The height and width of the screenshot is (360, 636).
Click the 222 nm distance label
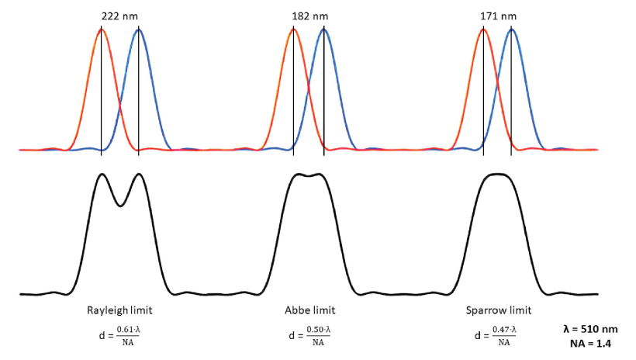119,16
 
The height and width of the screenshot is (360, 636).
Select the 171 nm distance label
497,16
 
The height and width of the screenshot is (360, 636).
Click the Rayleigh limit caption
119,310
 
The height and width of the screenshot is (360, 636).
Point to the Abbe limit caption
309,310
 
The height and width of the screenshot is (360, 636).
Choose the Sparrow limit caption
499,310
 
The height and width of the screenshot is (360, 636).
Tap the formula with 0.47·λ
498,335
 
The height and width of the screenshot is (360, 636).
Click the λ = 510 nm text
590,329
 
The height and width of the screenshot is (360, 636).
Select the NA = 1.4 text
590,343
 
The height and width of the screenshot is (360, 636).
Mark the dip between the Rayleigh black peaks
120,206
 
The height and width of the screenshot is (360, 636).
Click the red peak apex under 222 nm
101,29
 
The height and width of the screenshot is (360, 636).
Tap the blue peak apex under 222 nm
139,29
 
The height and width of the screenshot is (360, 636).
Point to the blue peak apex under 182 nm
323,29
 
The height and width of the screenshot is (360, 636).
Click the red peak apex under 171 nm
483,29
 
